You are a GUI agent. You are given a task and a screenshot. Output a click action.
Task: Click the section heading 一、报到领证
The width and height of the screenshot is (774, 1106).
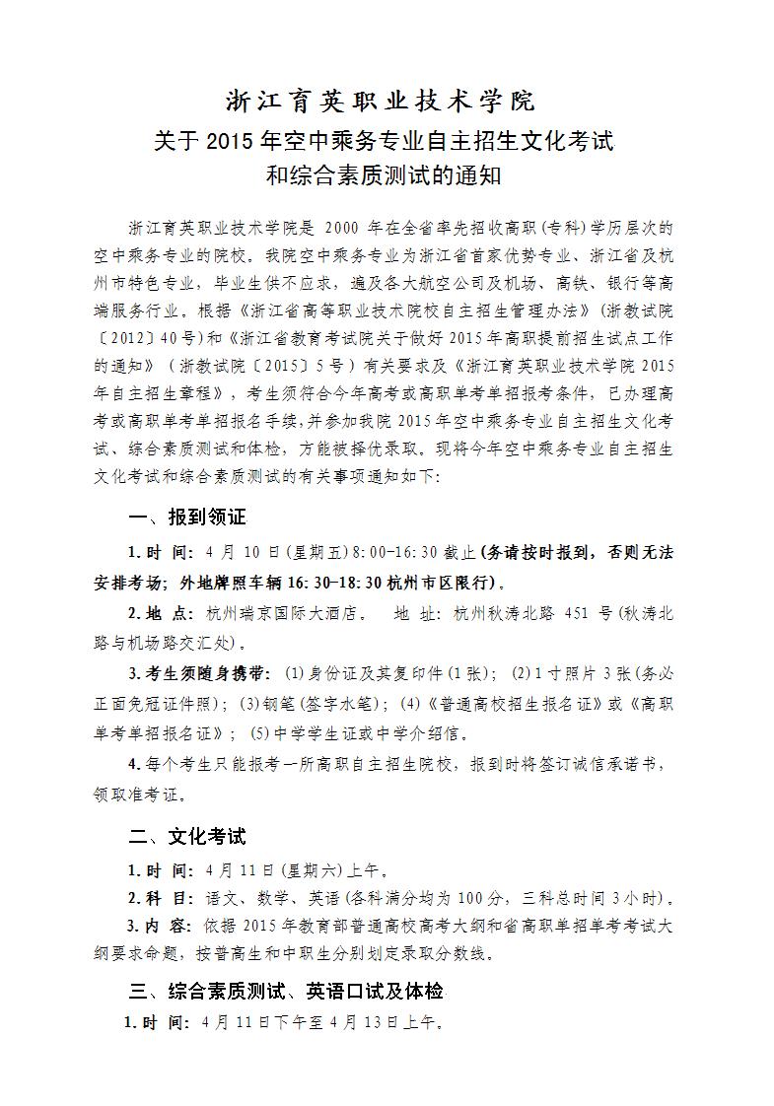tap(187, 518)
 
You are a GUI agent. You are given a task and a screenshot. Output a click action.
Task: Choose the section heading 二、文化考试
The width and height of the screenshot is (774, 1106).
tap(187, 837)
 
